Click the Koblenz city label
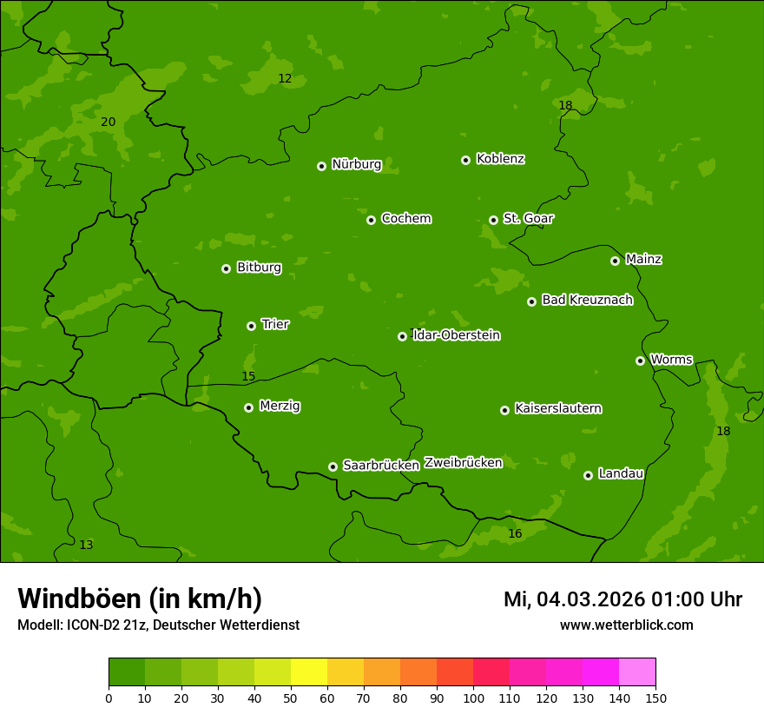[500, 159]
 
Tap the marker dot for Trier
[251, 326]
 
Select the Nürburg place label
[356, 164]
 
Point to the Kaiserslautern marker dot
[504, 410]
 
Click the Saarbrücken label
[381, 466]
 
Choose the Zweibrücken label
[463, 463]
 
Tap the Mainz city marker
[615, 261]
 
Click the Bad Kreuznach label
[587, 300]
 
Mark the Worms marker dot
[640, 360]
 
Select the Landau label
[621, 473]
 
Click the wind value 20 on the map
[108, 122]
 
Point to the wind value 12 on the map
[285, 79]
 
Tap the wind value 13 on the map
[86, 546]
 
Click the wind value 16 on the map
[515, 534]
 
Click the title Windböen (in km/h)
[140, 599]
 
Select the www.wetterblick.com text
[626, 625]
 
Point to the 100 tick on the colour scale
[473, 698]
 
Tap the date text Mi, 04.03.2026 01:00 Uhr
[622, 599]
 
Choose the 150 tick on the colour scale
[655, 698]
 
